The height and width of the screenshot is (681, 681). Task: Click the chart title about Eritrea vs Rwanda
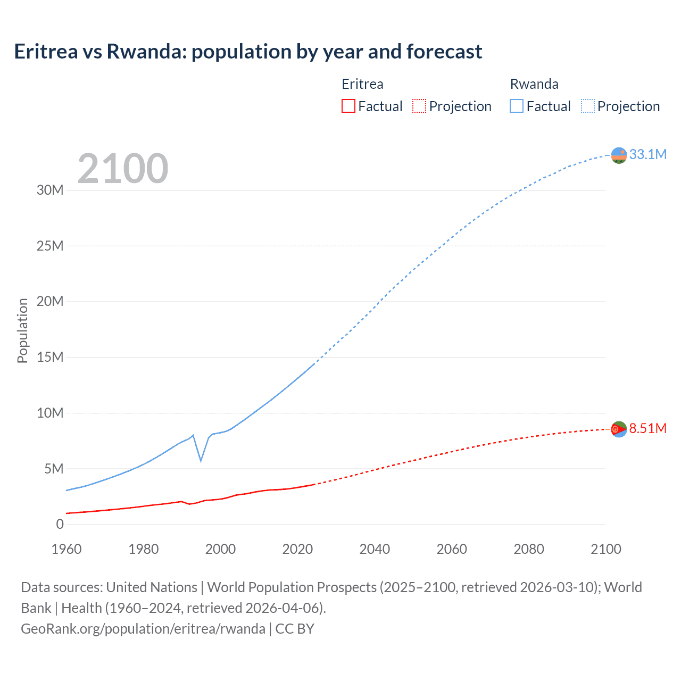pyautogui.click(x=248, y=52)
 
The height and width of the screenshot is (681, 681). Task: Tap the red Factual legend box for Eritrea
pyautogui.click(x=348, y=106)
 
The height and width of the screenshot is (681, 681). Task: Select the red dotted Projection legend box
pyautogui.click(x=419, y=106)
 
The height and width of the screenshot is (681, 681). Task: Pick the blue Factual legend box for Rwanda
pyautogui.click(x=517, y=106)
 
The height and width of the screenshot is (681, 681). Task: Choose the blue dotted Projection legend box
pyautogui.click(x=588, y=106)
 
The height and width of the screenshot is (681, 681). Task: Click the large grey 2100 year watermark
pyautogui.click(x=123, y=169)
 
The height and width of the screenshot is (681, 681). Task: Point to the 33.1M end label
pyautogui.click(x=647, y=154)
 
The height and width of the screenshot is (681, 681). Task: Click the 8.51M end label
pyautogui.click(x=647, y=428)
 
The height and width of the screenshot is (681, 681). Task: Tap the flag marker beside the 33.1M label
pyautogui.click(x=619, y=155)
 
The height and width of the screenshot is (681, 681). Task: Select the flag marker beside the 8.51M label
pyautogui.click(x=619, y=429)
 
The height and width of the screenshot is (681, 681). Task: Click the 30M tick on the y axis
pyautogui.click(x=50, y=190)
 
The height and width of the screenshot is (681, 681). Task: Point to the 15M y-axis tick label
pyautogui.click(x=50, y=357)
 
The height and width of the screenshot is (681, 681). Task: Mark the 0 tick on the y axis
pyautogui.click(x=60, y=524)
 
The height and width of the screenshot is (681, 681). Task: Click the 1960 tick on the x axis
pyautogui.click(x=67, y=549)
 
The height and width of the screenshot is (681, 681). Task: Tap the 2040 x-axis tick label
pyautogui.click(x=375, y=549)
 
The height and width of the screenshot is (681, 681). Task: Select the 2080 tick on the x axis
pyautogui.click(x=529, y=549)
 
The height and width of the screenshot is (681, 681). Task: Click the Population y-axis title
pyautogui.click(x=22, y=330)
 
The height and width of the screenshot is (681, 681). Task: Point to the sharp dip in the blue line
pyautogui.click(x=201, y=460)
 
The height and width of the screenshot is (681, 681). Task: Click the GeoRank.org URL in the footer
pyautogui.click(x=143, y=629)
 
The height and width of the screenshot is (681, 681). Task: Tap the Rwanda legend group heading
pyautogui.click(x=534, y=84)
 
